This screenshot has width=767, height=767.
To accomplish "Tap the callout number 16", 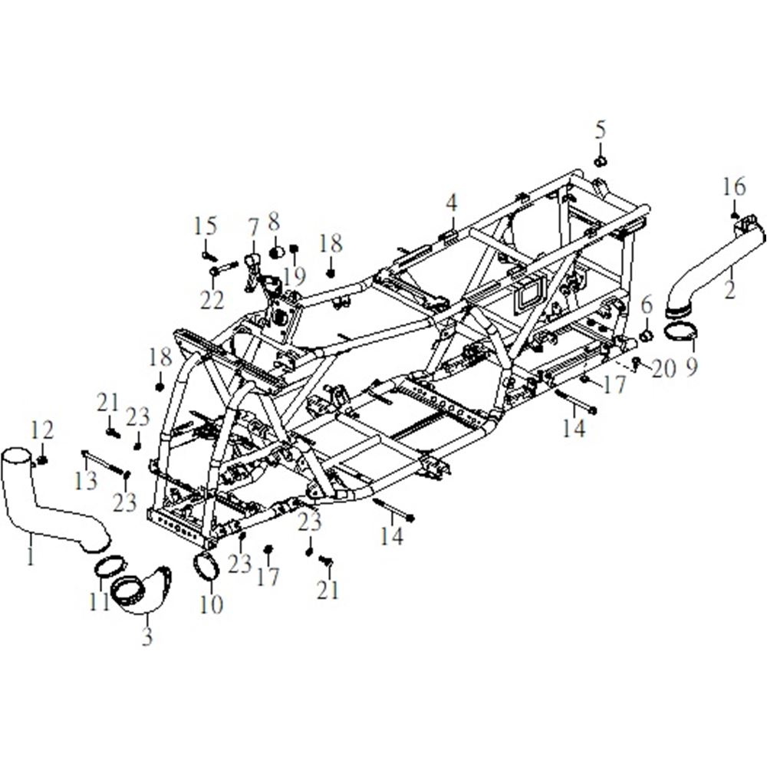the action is coord(734,187).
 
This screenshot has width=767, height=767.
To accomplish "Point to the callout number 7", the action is coord(253,229).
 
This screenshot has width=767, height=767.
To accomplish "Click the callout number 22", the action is coord(212,299).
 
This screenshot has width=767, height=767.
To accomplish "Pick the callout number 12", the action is coord(42,430).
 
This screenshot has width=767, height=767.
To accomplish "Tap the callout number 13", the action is coord(86,481).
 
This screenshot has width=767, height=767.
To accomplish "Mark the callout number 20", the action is coord(663,368).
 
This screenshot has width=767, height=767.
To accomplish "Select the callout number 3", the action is coord(147,636).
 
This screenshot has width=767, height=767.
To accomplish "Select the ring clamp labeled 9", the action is coord(681,332).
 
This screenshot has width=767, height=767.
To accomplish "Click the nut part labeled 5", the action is coord(601,161).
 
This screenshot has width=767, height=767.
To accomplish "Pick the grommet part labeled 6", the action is coord(647,337).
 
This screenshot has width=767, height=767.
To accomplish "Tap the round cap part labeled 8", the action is coord(276,252).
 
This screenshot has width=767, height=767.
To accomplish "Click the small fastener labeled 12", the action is coord(42,459).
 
